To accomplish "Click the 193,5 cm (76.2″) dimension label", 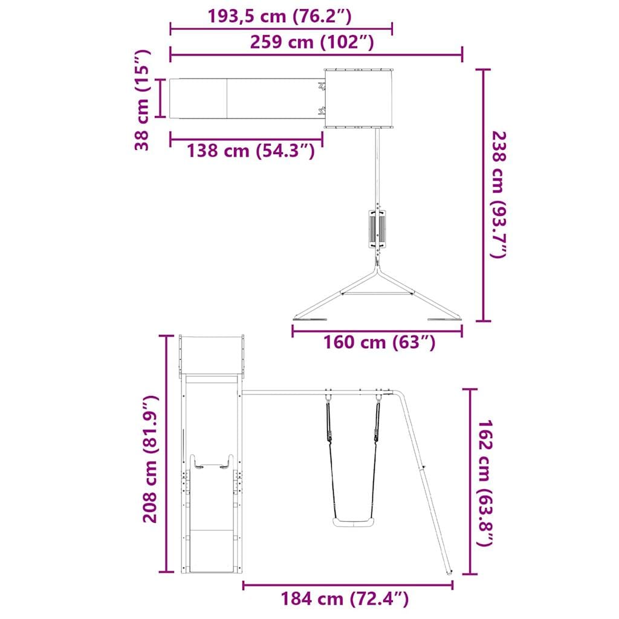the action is point(279,16).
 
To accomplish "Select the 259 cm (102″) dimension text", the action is point(312,42).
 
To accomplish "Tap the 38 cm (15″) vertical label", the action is point(142,100).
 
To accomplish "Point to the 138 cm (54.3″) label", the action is point(251,151).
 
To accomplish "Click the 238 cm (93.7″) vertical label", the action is point(498,195).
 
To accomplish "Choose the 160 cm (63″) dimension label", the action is point(380,342).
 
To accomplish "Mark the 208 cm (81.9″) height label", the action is point(150,459).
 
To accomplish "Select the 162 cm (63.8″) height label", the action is point(485,483).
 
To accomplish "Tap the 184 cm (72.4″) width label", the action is point(345,599).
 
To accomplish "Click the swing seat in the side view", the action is point(354,522).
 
